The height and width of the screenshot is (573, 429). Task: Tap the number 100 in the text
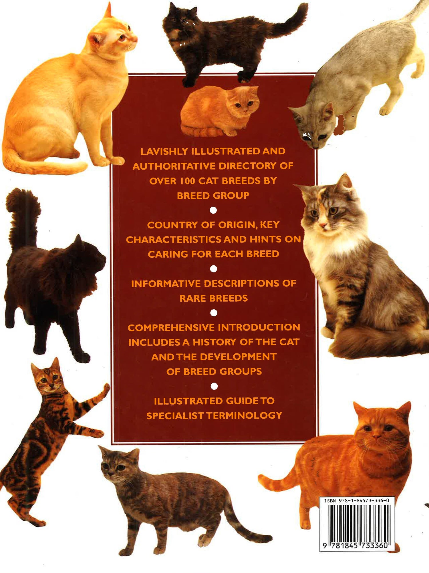[188, 181]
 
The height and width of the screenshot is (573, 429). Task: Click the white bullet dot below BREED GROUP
[213, 210]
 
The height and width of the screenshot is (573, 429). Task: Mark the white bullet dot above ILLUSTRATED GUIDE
[214, 386]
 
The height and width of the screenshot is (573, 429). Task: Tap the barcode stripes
[359, 523]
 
